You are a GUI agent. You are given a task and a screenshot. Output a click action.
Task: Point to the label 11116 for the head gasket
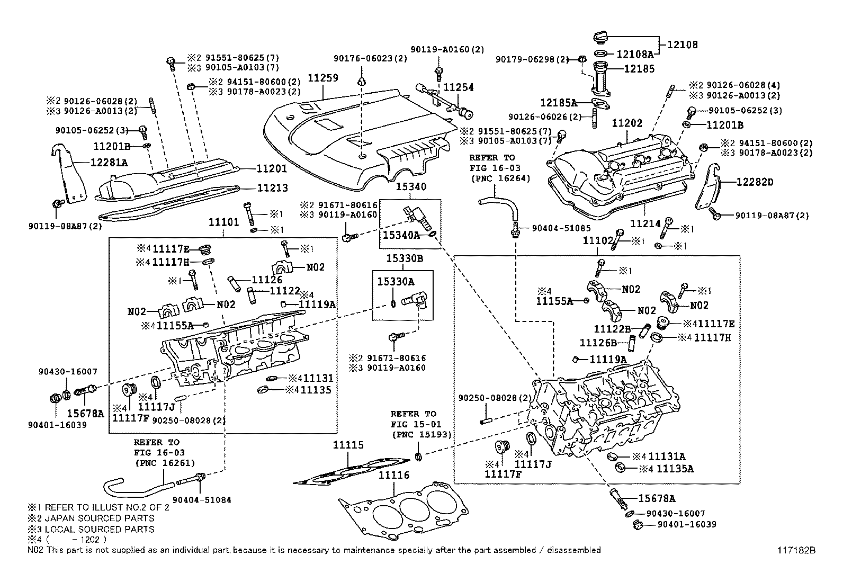[x=393, y=476]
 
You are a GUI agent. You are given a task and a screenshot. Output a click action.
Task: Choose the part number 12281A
[x=110, y=163]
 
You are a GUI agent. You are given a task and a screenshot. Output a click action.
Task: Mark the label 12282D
[x=755, y=182]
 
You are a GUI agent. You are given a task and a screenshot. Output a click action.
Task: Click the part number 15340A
[x=401, y=235]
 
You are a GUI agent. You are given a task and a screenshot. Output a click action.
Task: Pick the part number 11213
[x=273, y=188]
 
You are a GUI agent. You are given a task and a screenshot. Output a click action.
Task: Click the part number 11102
[x=598, y=240]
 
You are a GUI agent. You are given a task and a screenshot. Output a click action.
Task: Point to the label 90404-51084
[x=202, y=499]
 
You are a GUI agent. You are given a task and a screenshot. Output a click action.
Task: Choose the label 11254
[x=458, y=87]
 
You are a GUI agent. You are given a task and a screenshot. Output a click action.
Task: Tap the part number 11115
[x=348, y=445]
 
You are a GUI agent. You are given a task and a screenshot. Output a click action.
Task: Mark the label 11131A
[x=667, y=456]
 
